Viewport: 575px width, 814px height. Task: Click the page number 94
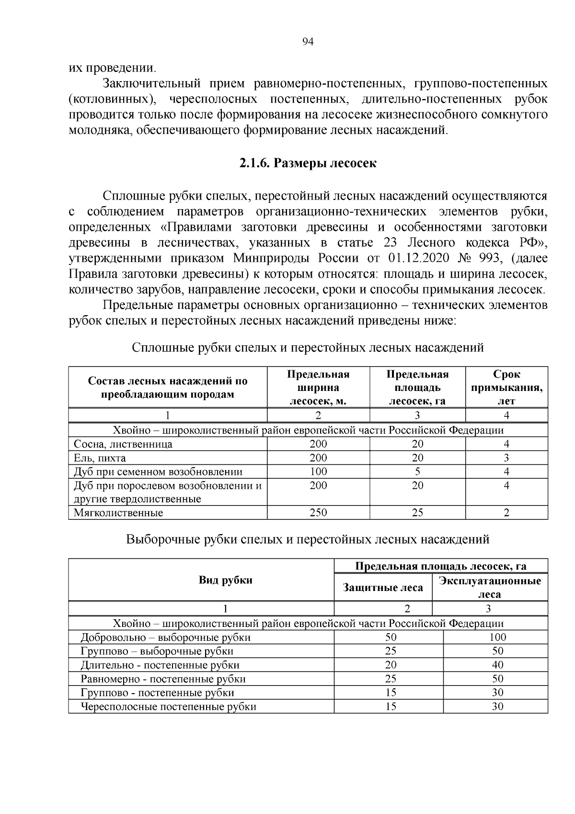308,42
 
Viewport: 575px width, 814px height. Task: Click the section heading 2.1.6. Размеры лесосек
308,164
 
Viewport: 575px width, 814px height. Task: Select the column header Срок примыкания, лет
506,388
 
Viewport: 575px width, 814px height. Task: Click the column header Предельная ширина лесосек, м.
318,388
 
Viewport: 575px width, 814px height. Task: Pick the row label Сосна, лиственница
123,444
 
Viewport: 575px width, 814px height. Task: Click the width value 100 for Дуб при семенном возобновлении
318,472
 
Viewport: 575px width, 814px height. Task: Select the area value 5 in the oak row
417,472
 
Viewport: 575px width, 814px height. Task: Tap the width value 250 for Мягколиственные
318,513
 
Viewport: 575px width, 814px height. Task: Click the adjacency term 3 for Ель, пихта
506,458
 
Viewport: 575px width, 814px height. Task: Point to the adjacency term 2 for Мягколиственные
506,513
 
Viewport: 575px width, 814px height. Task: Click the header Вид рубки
225,580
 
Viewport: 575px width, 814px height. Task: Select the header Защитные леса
383,588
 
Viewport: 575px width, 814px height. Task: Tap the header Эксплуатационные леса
490,588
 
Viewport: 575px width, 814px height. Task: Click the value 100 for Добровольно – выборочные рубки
498,637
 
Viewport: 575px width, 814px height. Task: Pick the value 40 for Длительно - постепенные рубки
498,665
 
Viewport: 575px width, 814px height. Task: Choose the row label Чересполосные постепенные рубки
168,707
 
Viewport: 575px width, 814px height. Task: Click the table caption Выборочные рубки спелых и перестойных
308,540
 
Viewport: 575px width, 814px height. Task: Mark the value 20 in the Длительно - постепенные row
391,665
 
